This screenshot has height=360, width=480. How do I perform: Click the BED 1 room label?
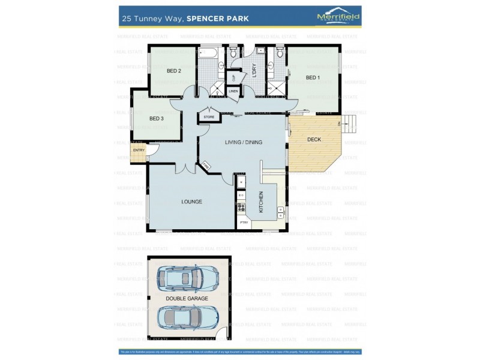[313, 77]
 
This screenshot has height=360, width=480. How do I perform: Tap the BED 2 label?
[174, 71]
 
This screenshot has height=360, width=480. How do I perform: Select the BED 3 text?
[156, 118]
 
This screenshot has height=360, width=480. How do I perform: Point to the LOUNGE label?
[191, 202]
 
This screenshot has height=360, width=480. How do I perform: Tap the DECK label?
[314, 140]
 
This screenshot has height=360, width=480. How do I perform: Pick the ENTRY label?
[138, 150]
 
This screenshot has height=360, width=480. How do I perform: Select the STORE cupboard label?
[209, 116]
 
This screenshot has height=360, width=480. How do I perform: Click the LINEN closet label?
[233, 91]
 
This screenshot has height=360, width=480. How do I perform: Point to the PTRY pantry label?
[244, 223]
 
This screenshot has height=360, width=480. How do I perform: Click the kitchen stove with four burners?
[241, 208]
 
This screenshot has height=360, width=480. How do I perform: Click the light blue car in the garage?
[187, 278]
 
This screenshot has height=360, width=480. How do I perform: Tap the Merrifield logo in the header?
[338, 17]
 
